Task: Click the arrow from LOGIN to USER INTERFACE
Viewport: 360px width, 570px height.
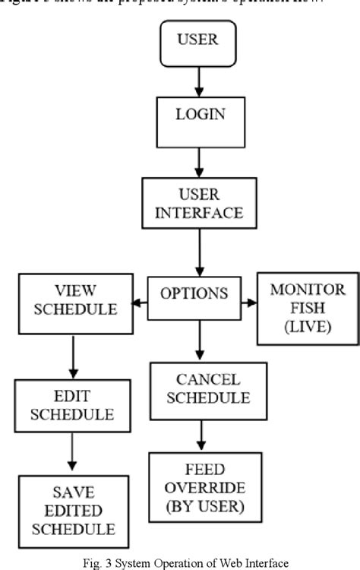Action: (198, 159)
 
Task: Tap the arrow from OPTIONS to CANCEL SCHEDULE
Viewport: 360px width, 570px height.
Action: (198, 338)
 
